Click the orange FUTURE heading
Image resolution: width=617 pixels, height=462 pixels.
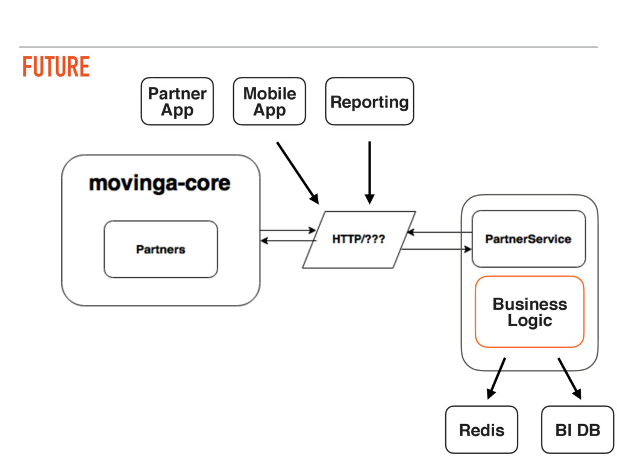point(56,66)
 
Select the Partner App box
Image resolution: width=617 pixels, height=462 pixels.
point(177,101)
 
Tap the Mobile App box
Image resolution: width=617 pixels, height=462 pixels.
point(269,101)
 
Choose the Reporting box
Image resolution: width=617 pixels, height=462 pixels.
point(369,101)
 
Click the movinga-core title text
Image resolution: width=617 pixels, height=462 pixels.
point(160,183)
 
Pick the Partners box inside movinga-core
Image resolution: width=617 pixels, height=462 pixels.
point(160,250)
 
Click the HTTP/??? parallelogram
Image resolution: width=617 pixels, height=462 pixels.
point(359,239)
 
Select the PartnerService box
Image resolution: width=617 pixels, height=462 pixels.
point(528,239)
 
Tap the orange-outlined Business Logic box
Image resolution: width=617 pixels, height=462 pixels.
point(530,312)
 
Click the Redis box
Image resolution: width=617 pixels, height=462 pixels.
point(481,430)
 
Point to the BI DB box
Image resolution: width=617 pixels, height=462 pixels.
point(578,430)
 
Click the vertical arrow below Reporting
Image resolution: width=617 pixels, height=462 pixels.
point(369,173)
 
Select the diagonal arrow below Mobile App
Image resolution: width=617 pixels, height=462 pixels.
point(298,173)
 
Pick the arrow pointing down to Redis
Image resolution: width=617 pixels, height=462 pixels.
point(496,378)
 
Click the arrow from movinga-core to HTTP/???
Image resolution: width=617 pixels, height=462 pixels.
point(288,230)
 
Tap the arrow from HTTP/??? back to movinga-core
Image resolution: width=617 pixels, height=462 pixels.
point(288,241)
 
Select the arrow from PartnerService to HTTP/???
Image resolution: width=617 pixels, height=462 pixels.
point(439,232)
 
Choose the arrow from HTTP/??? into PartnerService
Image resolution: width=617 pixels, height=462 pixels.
point(437,249)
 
